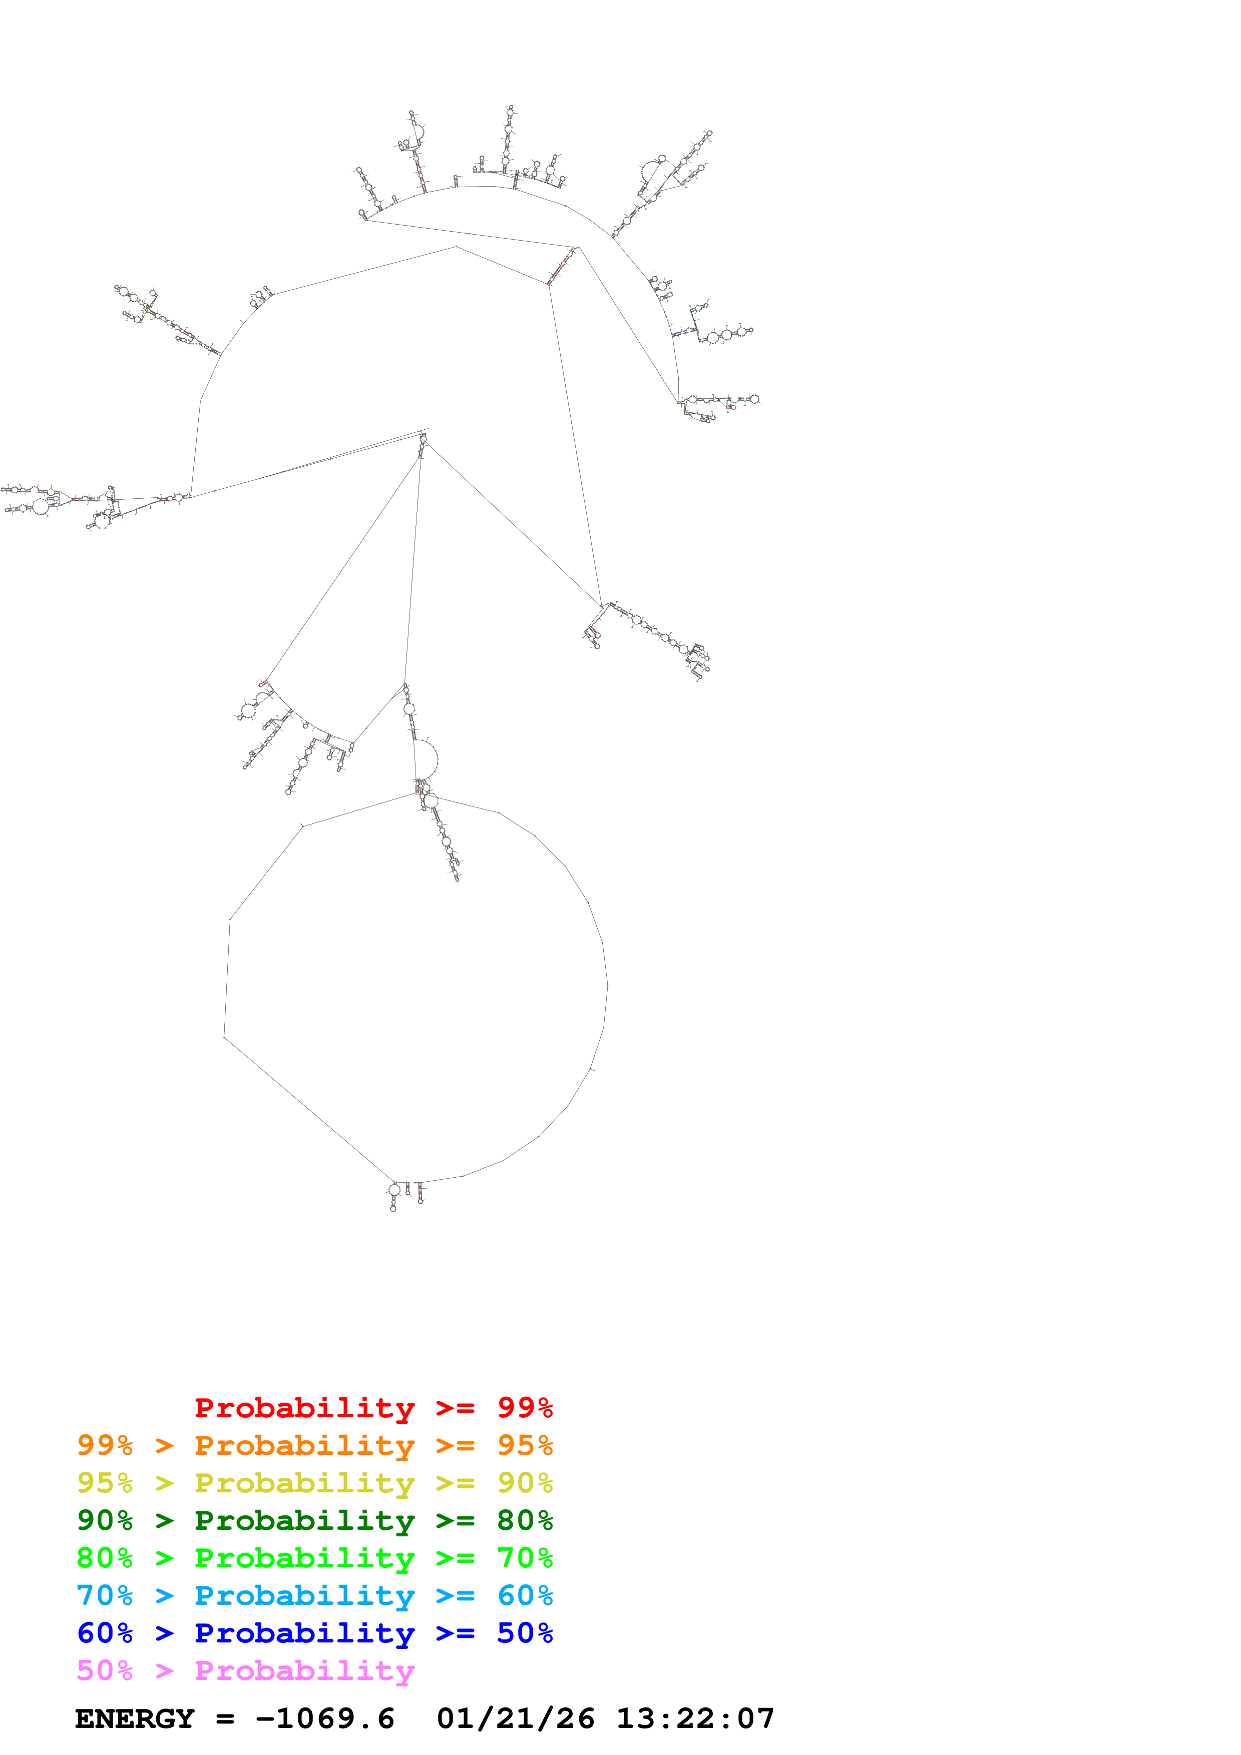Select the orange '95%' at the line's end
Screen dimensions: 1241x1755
click(525, 1445)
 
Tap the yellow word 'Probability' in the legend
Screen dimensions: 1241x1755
click(304, 1483)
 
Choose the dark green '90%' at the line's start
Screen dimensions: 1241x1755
click(105, 1520)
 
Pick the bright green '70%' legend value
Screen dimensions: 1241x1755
click(525, 1558)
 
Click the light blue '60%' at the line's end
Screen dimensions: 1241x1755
click(525, 1595)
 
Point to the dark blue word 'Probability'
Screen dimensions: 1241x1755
click(304, 1633)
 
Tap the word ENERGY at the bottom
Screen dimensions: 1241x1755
click(135, 1718)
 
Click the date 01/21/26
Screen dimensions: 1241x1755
click(515, 1718)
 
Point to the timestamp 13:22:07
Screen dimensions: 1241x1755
click(695, 1718)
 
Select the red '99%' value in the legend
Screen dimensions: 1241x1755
click(525, 1408)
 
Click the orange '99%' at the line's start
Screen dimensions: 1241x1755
click(105, 1445)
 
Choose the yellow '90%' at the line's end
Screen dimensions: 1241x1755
click(525, 1483)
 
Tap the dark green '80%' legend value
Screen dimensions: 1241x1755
click(525, 1520)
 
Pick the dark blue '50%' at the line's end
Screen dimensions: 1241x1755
click(525, 1633)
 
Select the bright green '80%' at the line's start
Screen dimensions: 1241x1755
click(105, 1558)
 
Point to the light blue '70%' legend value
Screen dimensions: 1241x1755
click(105, 1595)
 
